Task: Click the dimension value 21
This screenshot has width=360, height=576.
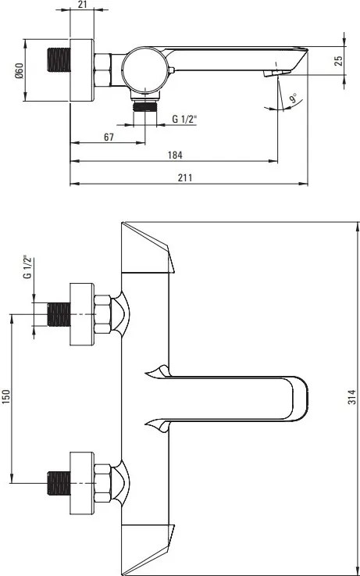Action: pyautogui.click(x=82, y=5)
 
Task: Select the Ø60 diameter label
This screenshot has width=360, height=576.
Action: pyautogui.click(x=19, y=70)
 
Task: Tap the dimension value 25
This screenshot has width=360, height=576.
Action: pyautogui.click(x=339, y=60)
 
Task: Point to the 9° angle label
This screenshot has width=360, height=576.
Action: pyautogui.click(x=293, y=98)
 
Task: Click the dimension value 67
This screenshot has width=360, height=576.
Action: pyautogui.click(x=109, y=137)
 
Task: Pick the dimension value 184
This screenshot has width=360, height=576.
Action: pyautogui.click(x=175, y=155)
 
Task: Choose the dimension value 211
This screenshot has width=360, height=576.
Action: pyautogui.click(x=185, y=177)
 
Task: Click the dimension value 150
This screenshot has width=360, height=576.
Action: pyautogui.click(x=7, y=397)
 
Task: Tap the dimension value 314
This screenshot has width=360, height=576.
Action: pyautogui.click(x=352, y=397)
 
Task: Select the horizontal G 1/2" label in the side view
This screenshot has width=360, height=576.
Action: pyautogui.click(x=184, y=119)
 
